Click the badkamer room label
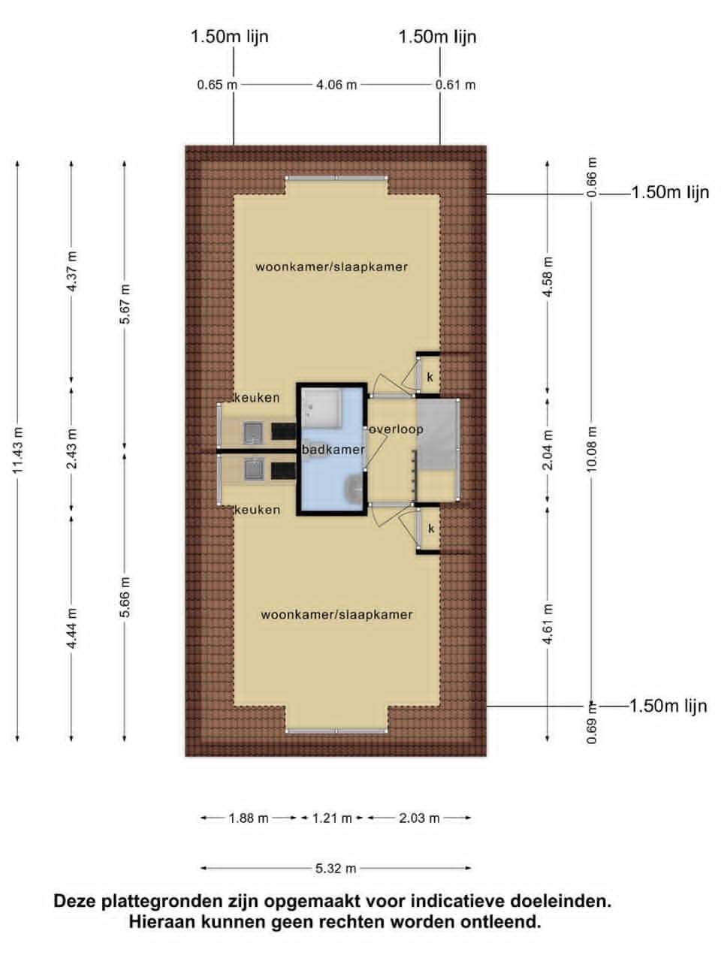point(333,450)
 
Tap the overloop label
point(397,429)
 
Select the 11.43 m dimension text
point(18,450)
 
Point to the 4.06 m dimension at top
point(336,85)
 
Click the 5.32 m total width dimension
point(336,868)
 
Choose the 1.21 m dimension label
point(332,818)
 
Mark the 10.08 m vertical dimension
point(591,449)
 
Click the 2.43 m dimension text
point(72,448)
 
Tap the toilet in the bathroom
point(353,489)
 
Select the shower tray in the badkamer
point(321,408)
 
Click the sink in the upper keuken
point(252,432)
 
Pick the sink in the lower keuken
point(253,469)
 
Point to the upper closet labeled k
point(430,377)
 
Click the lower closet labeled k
point(430,529)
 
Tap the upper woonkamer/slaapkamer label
point(331,267)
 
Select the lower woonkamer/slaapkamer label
point(336,614)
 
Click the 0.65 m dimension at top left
point(217,85)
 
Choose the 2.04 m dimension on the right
point(548,450)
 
